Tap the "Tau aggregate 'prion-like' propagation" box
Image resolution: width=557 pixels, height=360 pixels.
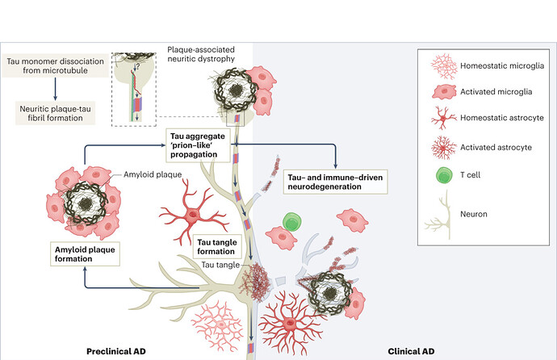coord(203,141)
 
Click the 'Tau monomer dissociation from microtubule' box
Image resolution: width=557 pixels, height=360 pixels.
coord(56,68)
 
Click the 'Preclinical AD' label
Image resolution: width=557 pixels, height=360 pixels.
coord(120,351)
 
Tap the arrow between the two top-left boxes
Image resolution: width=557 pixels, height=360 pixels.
coord(57,91)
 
